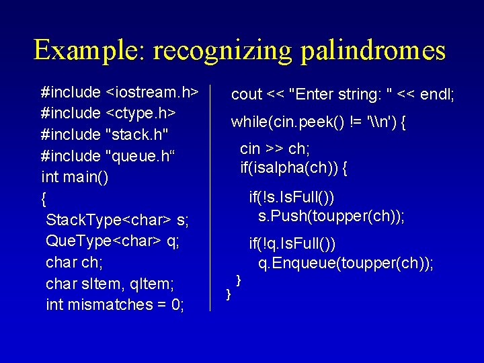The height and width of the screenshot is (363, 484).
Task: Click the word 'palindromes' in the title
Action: click(x=373, y=50)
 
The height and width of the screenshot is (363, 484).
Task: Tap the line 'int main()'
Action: click(x=75, y=177)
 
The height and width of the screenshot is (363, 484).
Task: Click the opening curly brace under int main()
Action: click(x=44, y=198)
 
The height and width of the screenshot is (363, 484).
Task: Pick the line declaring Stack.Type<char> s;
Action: click(x=117, y=220)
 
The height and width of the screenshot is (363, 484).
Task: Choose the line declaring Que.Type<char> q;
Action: click(x=112, y=241)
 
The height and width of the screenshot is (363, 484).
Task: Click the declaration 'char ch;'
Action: click(x=74, y=262)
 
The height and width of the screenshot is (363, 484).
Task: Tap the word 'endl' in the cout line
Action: click(x=437, y=95)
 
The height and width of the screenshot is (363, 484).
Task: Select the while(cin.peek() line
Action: click(x=319, y=122)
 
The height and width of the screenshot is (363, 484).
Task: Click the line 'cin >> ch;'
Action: click(x=275, y=149)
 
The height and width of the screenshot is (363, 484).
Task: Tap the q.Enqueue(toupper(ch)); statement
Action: click(x=346, y=264)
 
